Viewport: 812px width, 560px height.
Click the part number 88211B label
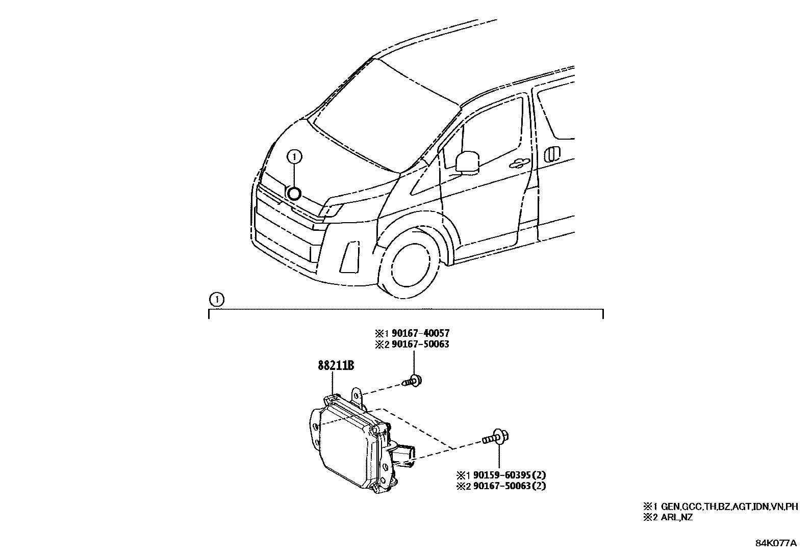pos(336,365)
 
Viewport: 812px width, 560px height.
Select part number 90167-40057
pos(420,333)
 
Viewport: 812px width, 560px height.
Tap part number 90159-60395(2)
pos(510,474)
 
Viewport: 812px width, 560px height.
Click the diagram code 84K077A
pos(776,543)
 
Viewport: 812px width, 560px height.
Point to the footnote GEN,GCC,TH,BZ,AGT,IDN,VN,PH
pos(729,506)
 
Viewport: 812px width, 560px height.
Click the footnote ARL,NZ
pos(676,517)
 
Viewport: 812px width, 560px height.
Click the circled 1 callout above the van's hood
pos(294,157)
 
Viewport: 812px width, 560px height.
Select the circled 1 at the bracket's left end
pos(217,300)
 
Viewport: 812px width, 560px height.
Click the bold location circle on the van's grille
pos(294,194)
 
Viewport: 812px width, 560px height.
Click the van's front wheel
pos(409,269)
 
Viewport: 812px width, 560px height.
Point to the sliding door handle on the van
pos(552,153)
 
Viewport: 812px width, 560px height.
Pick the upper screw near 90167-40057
pos(413,381)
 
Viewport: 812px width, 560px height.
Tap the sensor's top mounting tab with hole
pos(359,396)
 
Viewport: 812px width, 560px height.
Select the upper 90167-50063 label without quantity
pos(420,344)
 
